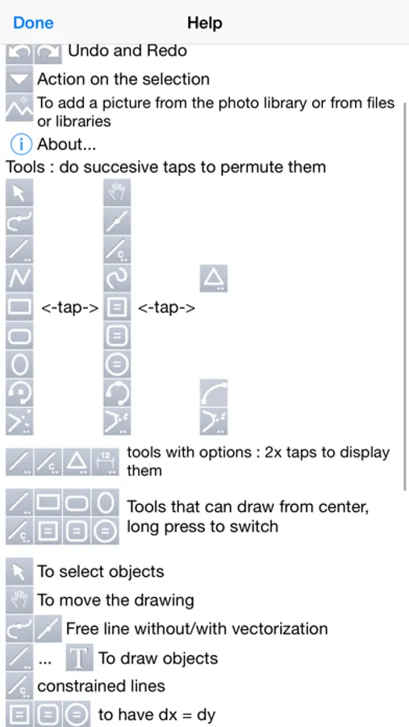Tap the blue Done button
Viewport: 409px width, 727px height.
(x=33, y=23)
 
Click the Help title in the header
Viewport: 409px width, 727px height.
(x=205, y=23)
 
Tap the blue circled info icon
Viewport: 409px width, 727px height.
(x=21, y=145)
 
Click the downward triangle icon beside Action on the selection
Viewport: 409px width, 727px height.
(x=19, y=79)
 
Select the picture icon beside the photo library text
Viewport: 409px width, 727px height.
(x=19, y=108)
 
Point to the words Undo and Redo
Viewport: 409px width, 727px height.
(x=127, y=51)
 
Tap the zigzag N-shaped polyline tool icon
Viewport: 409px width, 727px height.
(x=19, y=279)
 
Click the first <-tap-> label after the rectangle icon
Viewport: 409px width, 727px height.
(x=70, y=308)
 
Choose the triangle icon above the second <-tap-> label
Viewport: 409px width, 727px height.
(x=214, y=279)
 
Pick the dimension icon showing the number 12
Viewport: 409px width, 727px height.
(x=105, y=462)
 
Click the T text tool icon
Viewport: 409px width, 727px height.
(x=79, y=658)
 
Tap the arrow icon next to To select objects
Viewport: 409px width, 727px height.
(x=19, y=572)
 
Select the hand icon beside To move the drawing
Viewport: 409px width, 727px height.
(x=19, y=600)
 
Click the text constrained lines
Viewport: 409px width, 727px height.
(x=101, y=686)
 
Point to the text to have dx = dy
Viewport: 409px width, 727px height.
(x=157, y=715)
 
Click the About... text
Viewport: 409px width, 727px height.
(x=66, y=145)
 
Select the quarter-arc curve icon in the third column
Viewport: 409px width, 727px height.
(x=214, y=393)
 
